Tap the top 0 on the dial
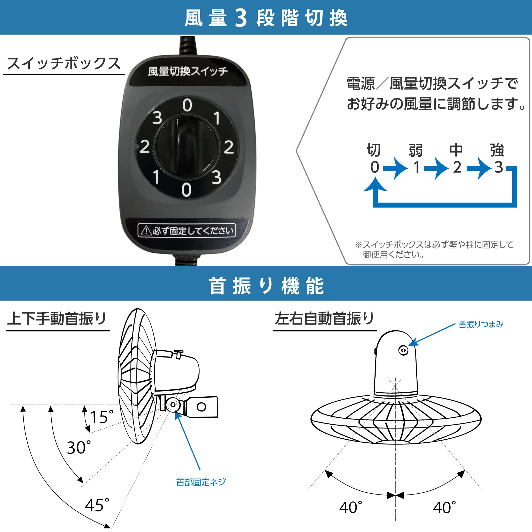187,105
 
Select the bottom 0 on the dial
186,190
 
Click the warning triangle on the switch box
146,231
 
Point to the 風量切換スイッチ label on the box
188,72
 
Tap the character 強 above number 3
497,150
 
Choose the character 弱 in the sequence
415,150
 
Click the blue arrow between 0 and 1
396,168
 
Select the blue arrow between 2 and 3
479,168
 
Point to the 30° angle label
79,448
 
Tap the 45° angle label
97,505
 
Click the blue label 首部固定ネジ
201,482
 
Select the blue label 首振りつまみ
481,324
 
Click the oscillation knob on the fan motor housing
404,351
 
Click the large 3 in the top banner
241,18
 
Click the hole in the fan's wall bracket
201,407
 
